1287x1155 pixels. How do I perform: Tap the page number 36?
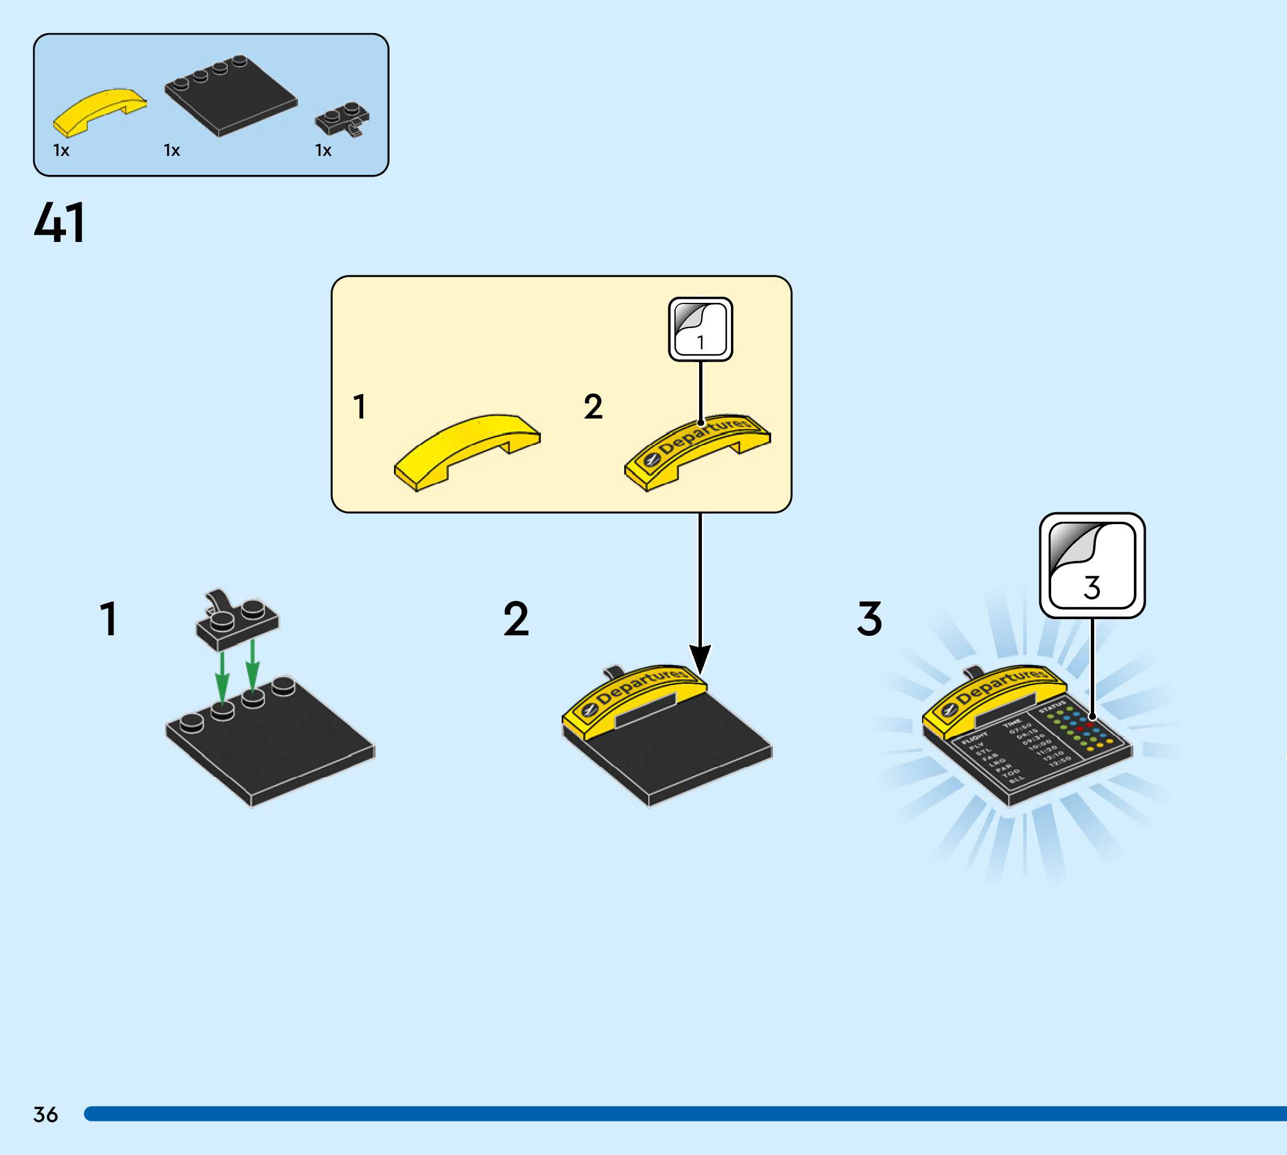[x=46, y=1114]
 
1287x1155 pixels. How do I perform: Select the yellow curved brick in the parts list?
[x=99, y=112]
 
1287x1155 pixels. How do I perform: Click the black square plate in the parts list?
[x=230, y=96]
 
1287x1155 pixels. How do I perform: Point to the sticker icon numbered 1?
[x=700, y=329]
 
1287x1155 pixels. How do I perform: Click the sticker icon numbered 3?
[x=1091, y=565]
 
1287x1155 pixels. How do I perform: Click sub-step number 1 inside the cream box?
[x=360, y=407]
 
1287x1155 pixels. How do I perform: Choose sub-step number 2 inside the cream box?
[x=593, y=407]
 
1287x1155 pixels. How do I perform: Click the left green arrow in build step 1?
[x=222, y=677]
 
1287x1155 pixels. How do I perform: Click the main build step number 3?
[x=870, y=619]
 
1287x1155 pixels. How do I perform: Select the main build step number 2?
[x=516, y=619]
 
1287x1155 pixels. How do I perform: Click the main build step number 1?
[x=109, y=619]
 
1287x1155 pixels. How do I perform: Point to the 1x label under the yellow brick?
[x=61, y=150]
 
